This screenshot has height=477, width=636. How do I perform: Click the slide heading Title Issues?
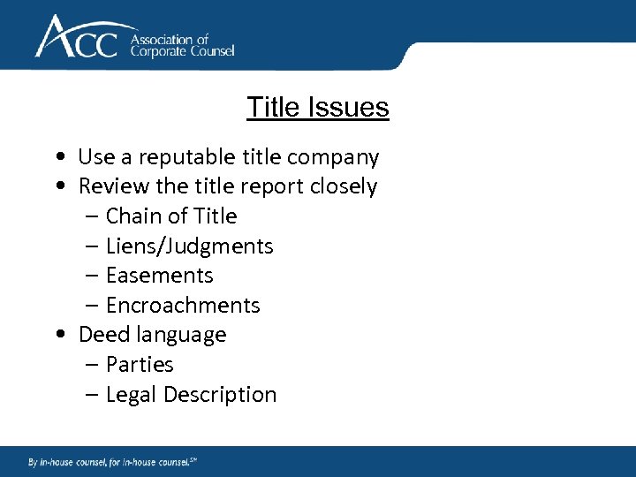pyautogui.click(x=318, y=107)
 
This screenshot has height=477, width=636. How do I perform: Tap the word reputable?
pyautogui.click(x=185, y=157)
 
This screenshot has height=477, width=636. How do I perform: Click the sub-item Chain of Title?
pyautogui.click(x=171, y=216)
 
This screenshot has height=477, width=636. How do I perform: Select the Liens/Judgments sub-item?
pyautogui.click(x=189, y=246)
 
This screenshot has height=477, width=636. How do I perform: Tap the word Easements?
pyautogui.click(x=159, y=276)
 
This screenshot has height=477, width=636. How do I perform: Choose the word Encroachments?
pyautogui.click(x=183, y=306)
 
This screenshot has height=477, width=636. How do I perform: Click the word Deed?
pyautogui.click(x=101, y=335)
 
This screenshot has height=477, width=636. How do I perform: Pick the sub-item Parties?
pyautogui.click(x=140, y=365)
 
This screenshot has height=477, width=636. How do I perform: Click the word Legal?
pyautogui.click(x=131, y=395)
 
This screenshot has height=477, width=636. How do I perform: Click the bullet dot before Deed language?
pyautogui.click(x=57, y=336)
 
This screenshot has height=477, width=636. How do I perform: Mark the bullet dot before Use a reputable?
pyautogui.click(x=57, y=158)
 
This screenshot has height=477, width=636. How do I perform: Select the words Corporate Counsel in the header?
pyautogui.click(x=182, y=51)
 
